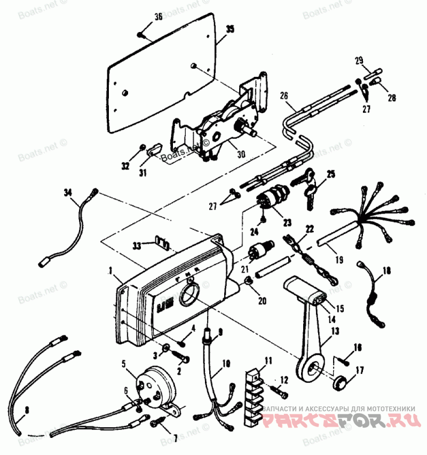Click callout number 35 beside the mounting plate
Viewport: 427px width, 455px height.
pos(230,29)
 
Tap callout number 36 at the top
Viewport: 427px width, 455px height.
pos(158,17)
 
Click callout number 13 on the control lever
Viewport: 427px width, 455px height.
pos(335,331)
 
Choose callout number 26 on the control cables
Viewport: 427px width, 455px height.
pos(284,96)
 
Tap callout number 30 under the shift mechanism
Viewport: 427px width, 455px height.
pos(241,154)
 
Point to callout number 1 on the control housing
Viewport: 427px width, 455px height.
pos(110,271)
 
